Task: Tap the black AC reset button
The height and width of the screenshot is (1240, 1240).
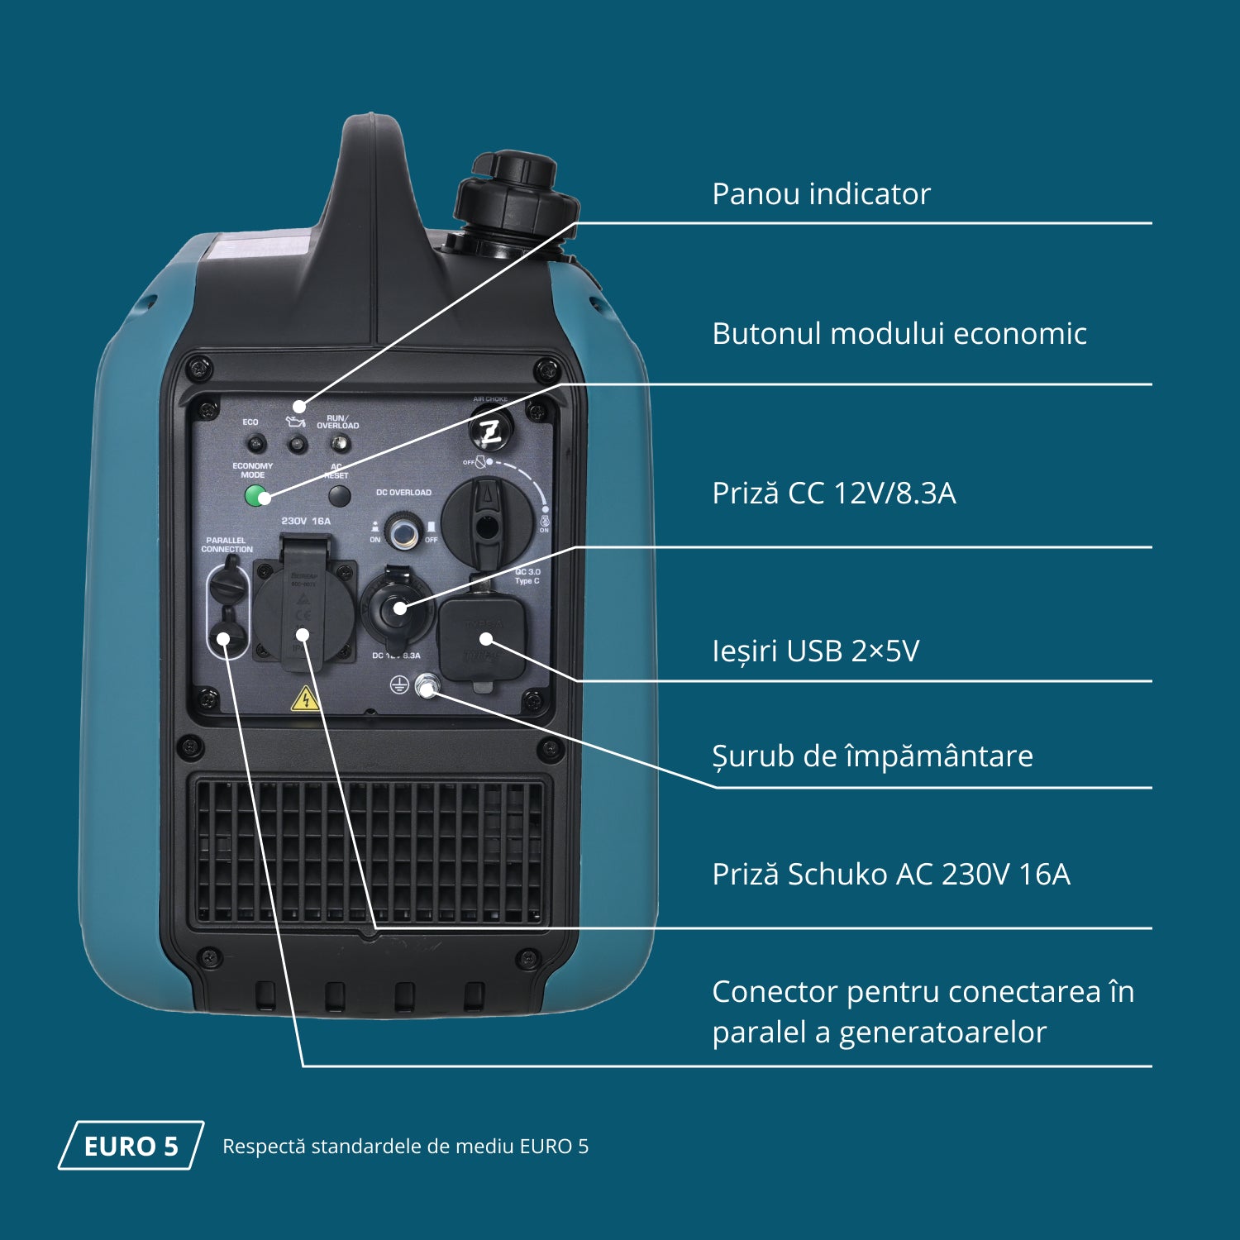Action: pyautogui.click(x=339, y=496)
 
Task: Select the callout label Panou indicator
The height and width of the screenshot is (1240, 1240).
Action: pyautogui.click(x=821, y=194)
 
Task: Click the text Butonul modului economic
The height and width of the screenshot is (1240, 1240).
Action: pyautogui.click(x=899, y=334)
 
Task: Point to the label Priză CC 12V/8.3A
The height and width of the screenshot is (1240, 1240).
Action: pyautogui.click(x=833, y=494)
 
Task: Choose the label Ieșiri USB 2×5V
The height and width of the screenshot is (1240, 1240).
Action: pyautogui.click(x=815, y=651)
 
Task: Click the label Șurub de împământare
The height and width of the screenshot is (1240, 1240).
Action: pyautogui.click(x=872, y=756)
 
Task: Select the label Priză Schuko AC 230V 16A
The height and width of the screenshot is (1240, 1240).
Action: pyautogui.click(x=890, y=875)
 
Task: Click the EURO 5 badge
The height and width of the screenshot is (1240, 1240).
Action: pyautogui.click(x=131, y=1146)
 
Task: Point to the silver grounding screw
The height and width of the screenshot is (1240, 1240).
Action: pyautogui.click(x=427, y=685)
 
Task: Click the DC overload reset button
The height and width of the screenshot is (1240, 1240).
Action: pyautogui.click(x=403, y=532)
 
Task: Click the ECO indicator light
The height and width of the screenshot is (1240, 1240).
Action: pyautogui.click(x=254, y=444)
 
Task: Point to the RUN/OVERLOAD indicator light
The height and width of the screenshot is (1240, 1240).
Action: pyautogui.click(x=337, y=444)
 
